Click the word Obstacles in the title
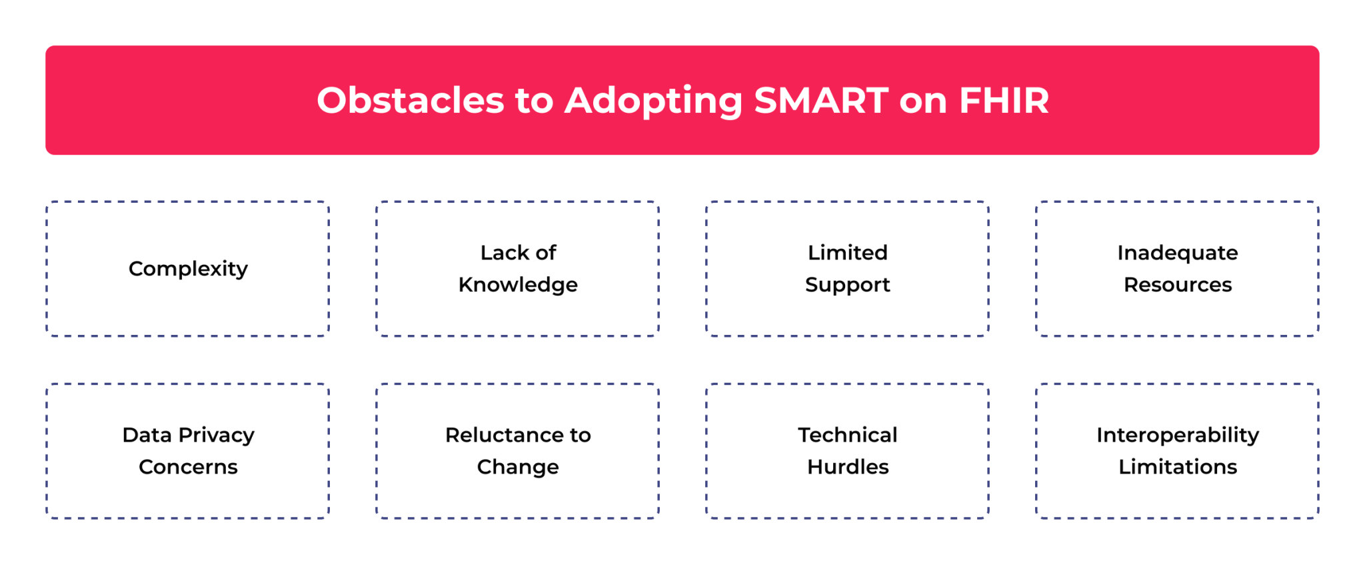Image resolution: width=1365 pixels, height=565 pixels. click(x=410, y=100)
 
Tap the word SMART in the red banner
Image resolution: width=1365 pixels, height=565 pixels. click(x=821, y=100)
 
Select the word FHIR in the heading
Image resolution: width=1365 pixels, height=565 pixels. click(x=1004, y=100)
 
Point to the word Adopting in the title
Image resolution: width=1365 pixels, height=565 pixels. click(x=653, y=101)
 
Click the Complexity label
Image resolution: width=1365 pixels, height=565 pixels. click(x=188, y=269)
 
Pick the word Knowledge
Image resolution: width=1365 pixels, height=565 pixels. click(x=518, y=285)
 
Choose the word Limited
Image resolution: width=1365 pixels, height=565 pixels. click(x=847, y=253)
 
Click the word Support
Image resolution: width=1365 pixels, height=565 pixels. click(x=847, y=286)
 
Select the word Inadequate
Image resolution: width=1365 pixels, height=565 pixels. click(x=1177, y=253)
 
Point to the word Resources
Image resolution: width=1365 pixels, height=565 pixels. click(x=1177, y=285)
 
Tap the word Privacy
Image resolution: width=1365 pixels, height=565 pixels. click(x=217, y=436)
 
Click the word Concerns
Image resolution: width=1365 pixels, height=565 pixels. click(x=188, y=467)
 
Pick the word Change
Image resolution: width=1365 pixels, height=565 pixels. click(x=518, y=468)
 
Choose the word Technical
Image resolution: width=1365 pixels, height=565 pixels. click(x=847, y=435)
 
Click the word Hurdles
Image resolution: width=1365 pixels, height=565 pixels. click(x=847, y=467)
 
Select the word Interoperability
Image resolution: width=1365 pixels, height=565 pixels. click(x=1177, y=436)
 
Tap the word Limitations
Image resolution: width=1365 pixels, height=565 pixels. click(x=1177, y=467)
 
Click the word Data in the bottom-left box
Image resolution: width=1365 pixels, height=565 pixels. click(x=147, y=435)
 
